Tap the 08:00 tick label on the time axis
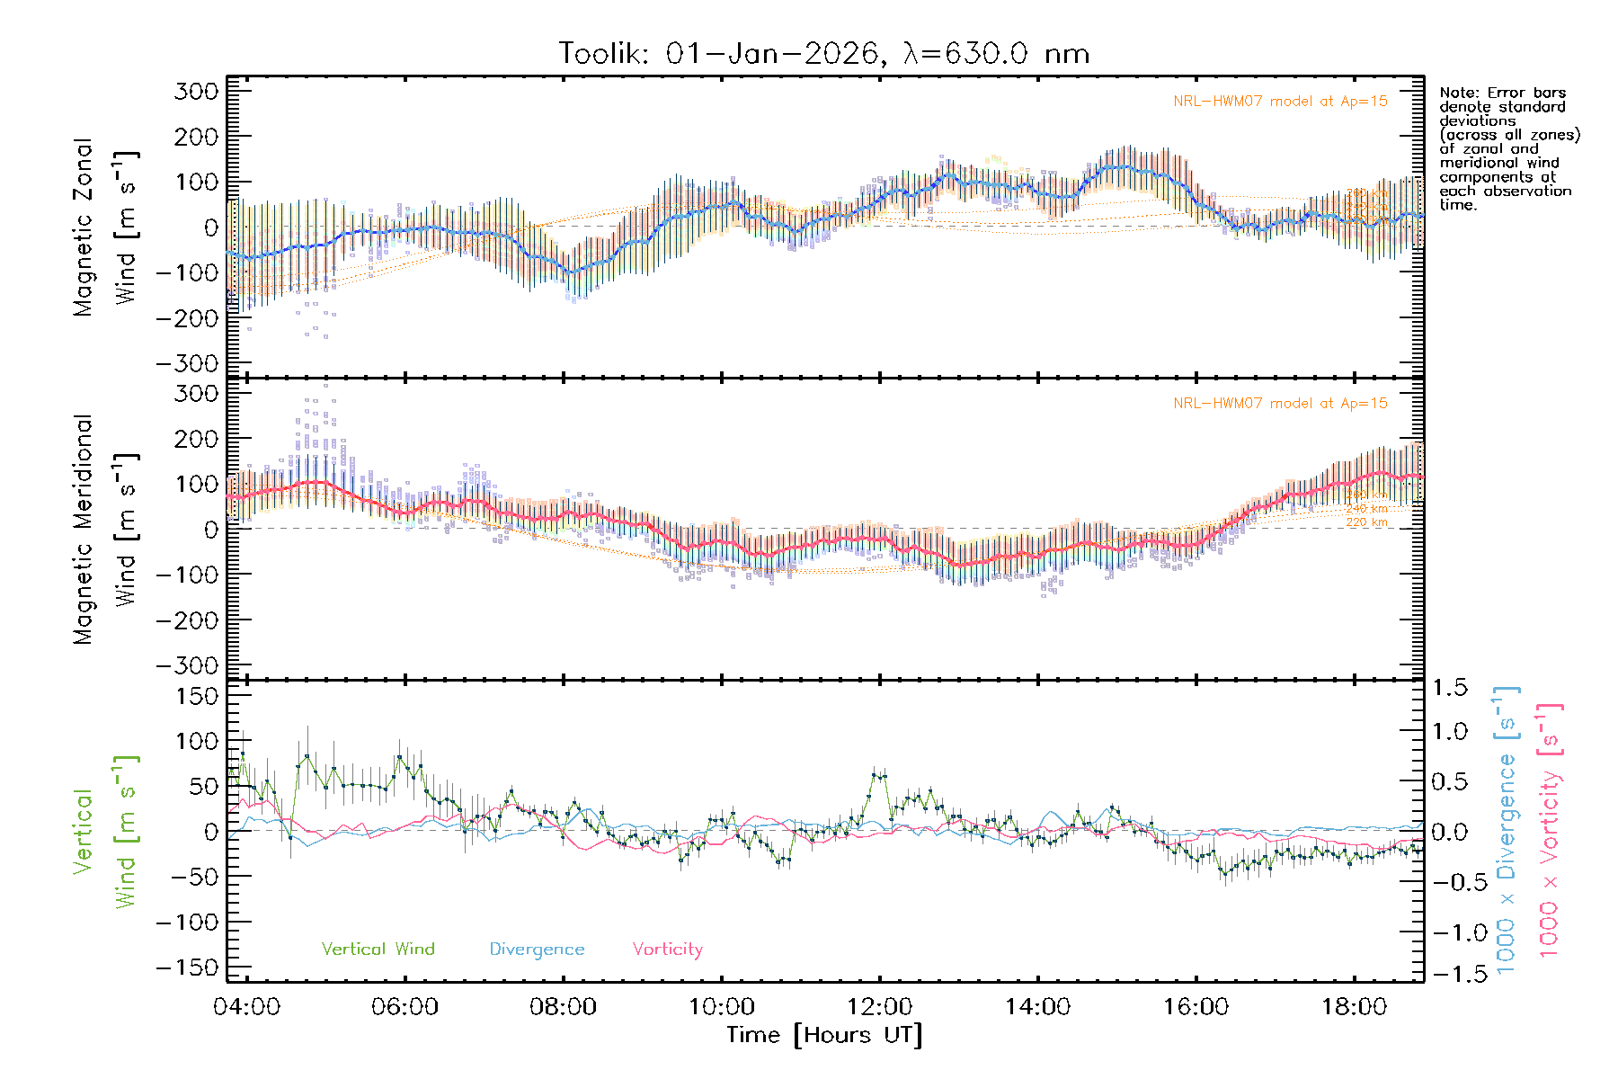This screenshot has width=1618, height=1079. point(563,1007)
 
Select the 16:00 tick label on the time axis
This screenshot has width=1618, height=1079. point(1196,1007)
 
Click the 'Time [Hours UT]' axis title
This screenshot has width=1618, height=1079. point(824,1035)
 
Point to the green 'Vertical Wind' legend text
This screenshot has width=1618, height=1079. point(378,950)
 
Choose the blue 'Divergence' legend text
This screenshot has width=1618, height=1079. point(537,950)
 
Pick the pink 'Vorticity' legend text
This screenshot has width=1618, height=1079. point(667,950)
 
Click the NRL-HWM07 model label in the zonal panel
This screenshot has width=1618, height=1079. point(1280,102)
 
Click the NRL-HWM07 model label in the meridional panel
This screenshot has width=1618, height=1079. point(1280,404)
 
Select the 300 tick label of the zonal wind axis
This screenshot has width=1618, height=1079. point(196,91)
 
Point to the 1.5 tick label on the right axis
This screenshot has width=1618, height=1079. point(1449,688)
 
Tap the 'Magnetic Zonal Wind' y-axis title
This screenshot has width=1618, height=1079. point(106,227)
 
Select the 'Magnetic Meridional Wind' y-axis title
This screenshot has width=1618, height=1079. point(106,530)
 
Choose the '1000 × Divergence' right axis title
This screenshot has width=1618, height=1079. point(1507,831)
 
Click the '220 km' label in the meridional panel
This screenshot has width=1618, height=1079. point(1366,522)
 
